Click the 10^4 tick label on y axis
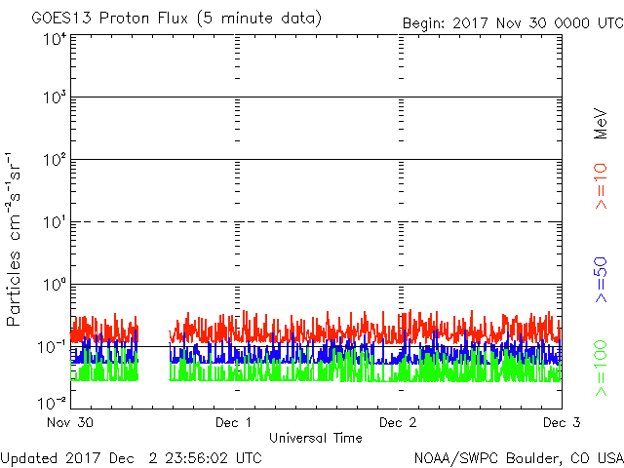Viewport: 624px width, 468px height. [54, 39]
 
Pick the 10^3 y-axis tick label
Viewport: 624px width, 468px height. [54, 97]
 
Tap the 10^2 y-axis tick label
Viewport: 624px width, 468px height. [54, 159]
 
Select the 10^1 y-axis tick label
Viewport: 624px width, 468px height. [54, 221]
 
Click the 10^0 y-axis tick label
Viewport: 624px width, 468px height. [54, 284]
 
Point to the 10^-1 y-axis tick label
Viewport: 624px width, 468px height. [52, 345]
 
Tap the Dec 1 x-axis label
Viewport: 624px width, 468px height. [234, 423]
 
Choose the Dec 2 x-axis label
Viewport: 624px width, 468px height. [398, 423]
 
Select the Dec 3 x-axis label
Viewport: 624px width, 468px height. [561, 423]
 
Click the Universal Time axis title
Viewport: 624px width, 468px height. [316, 439]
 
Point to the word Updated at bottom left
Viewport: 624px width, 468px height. [29, 457]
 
